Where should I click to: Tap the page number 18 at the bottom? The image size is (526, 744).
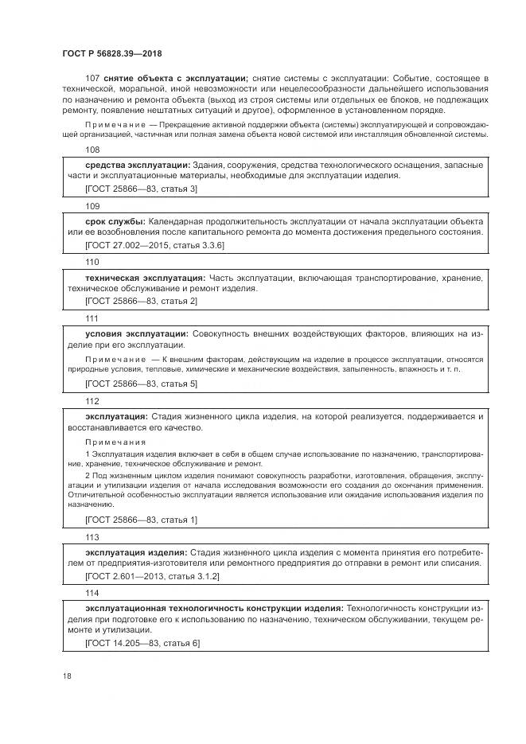point(67,676)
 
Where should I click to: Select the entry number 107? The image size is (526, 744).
point(92,78)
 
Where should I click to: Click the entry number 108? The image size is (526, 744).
point(92,150)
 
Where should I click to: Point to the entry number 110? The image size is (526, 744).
point(92,262)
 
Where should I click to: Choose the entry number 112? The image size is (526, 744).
point(92,401)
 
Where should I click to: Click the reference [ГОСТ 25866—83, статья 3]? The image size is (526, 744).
point(141,189)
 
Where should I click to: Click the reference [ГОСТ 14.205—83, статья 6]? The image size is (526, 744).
point(142,642)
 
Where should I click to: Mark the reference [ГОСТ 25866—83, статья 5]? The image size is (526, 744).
point(141,384)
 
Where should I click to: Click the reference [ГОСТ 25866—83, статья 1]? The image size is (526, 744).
point(141,520)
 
